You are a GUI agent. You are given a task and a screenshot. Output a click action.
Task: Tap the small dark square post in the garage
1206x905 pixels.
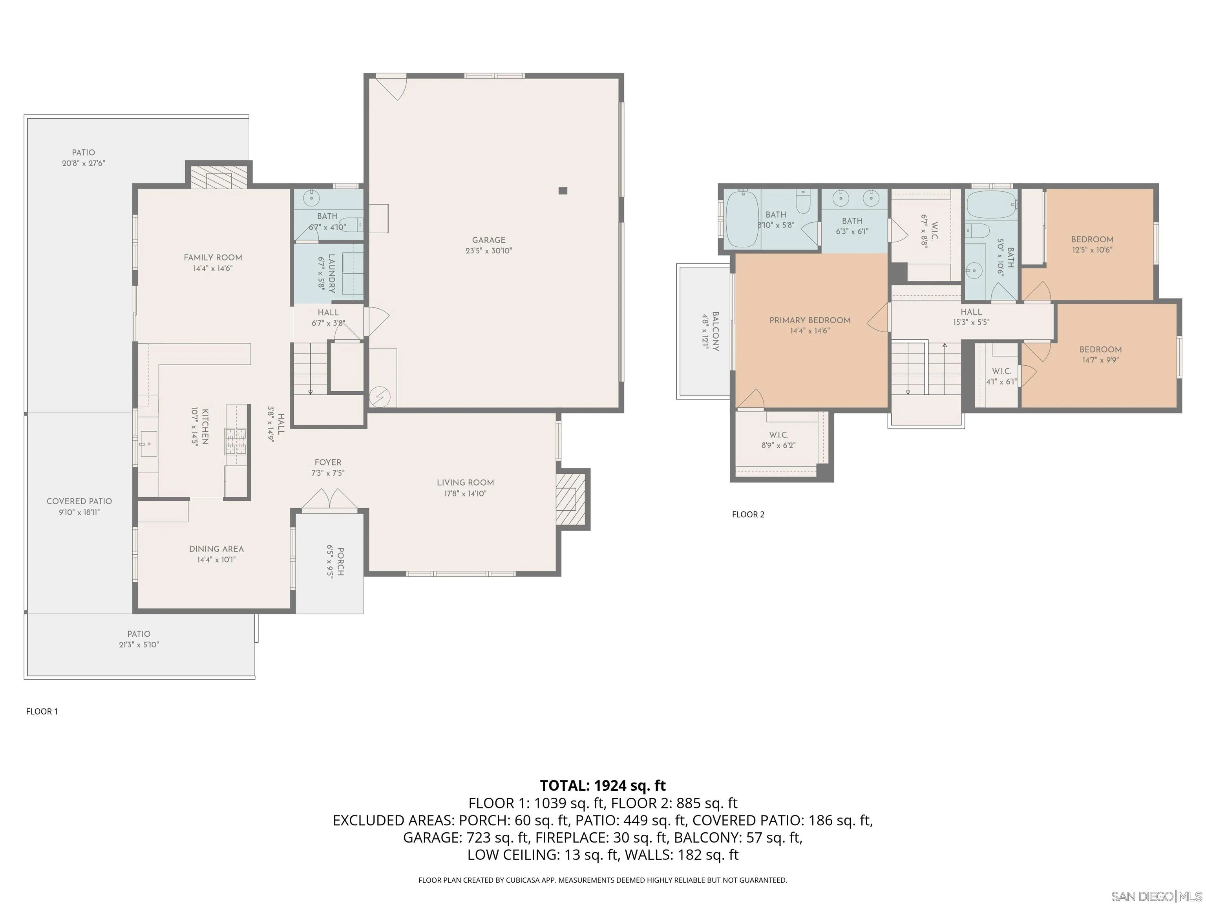[563, 191]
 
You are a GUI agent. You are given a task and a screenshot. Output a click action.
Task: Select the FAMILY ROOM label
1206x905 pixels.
[213, 258]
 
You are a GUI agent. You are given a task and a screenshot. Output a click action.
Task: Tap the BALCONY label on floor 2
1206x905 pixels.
[715, 331]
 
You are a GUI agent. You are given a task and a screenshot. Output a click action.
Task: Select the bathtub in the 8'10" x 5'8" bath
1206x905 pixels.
[742, 218]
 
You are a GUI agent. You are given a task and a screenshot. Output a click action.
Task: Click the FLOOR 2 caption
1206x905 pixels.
[748, 515]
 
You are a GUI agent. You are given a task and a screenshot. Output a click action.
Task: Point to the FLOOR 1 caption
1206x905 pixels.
[42, 711]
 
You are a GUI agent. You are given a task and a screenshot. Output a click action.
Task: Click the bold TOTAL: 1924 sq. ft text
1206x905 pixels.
[603, 786]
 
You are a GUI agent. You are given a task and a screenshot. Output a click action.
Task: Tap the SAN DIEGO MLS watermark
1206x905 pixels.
[1157, 896]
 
